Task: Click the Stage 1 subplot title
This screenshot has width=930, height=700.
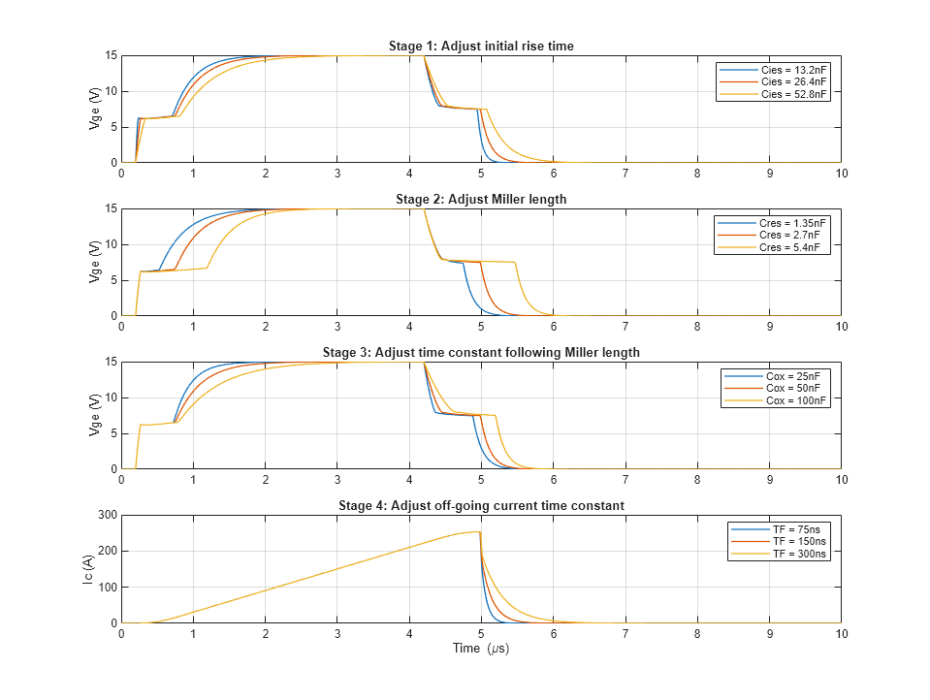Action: (481, 47)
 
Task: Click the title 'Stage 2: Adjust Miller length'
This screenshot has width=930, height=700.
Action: (481, 200)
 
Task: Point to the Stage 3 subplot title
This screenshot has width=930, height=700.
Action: (481, 353)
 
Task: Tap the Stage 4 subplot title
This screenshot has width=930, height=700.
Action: (481, 506)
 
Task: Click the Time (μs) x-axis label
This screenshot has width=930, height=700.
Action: (481, 649)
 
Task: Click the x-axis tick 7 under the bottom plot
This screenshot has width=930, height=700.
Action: (625, 633)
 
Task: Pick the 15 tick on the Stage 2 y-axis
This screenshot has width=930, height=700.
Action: (110, 209)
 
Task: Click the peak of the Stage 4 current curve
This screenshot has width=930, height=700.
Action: (478, 531)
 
